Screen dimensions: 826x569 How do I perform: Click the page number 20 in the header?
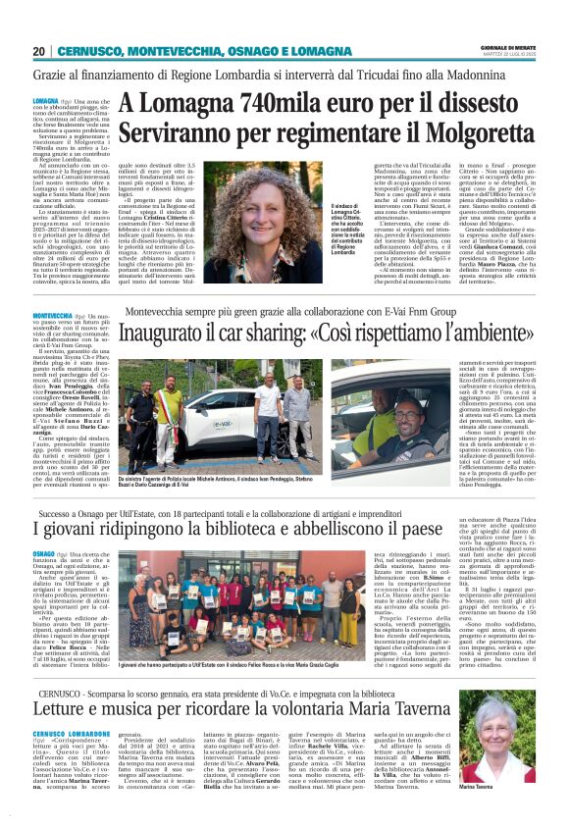[38, 51]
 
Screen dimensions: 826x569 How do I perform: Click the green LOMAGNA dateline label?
[46, 101]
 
